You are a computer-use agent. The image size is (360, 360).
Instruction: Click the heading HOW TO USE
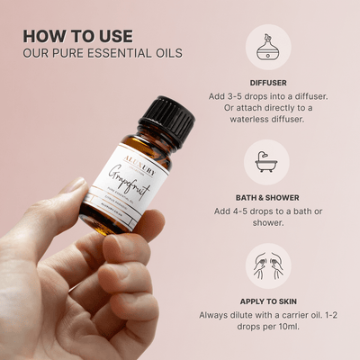coord(77,36)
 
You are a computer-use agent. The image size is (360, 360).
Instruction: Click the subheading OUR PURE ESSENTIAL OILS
coord(103,53)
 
